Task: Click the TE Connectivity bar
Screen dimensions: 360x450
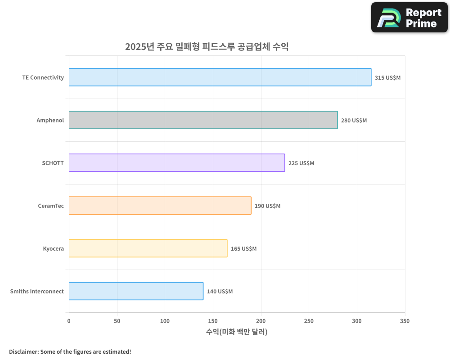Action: click(220, 77)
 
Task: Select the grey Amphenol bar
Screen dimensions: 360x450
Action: click(203, 120)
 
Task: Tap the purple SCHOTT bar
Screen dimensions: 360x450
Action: click(176, 163)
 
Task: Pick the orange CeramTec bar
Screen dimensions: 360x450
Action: click(160, 206)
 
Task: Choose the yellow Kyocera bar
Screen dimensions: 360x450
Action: click(148, 248)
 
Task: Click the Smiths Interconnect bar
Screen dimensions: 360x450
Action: click(136, 291)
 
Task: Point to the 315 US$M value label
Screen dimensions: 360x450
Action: click(387, 78)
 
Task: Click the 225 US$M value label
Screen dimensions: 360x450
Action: click(301, 163)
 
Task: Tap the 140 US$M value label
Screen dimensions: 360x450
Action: click(220, 292)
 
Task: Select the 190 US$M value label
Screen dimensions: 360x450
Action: click(267, 206)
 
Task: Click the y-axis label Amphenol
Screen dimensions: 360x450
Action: click(50, 120)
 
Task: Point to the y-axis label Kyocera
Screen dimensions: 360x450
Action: click(54, 248)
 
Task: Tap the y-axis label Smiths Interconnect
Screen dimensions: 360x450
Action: click(37, 291)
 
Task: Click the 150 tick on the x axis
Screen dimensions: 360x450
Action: click(213, 321)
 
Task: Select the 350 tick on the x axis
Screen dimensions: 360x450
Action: click(405, 321)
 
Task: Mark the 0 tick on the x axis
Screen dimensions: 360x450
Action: click(69, 321)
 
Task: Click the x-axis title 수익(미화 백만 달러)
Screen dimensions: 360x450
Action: click(237, 332)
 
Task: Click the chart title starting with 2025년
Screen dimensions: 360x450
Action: click(207, 47)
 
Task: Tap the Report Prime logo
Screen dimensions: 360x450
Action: click(409, 18)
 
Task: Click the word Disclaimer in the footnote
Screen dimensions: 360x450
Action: click(23, 351)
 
